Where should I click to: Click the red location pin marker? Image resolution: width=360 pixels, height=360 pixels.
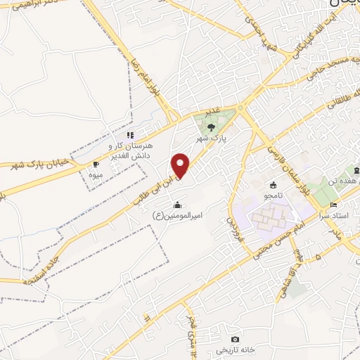[181, 166]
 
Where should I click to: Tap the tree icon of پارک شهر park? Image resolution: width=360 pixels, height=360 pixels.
[211, 127]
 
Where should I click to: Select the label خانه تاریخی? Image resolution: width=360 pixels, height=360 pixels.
[233, 349]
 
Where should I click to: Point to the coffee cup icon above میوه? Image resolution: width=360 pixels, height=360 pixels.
[96, 164]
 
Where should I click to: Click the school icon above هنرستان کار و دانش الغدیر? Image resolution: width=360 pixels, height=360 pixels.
[129, 135]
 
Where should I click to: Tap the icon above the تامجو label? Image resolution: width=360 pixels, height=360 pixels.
[273, 185]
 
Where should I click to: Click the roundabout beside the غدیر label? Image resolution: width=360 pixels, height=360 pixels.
[241, 108]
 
